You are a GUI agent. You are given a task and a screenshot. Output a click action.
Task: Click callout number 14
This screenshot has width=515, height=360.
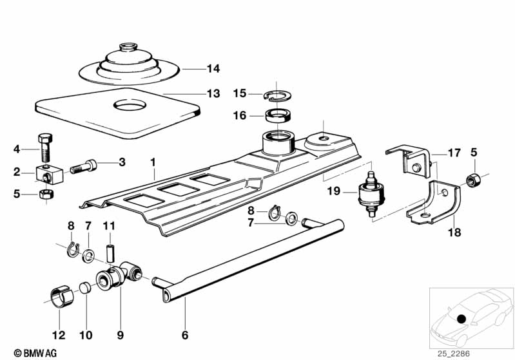(213, 68)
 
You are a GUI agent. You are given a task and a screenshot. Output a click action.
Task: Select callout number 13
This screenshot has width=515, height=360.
(213, 94)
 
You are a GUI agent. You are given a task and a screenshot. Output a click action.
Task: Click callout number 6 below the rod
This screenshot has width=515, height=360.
(185, 335)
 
